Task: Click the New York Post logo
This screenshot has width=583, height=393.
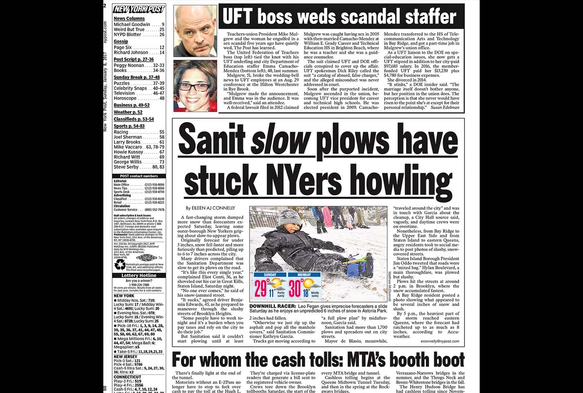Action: click(139, 9)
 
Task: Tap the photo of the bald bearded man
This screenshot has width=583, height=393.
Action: click(195, 31)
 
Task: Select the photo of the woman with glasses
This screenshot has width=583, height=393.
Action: click(195, 85)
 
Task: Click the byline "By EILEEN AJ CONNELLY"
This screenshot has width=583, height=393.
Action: click(210, 208)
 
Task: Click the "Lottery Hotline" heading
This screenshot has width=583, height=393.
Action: click(139, 275)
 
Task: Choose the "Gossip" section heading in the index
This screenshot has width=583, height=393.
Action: click(121, 41)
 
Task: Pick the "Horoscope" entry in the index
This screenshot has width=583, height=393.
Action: click(125, 98)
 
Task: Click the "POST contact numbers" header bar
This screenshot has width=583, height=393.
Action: click(139, 176)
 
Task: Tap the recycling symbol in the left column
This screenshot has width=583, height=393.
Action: click(120, 264)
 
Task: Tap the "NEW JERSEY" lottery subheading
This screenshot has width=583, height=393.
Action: click(125, 356)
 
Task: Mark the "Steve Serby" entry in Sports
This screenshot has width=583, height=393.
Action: click(127, 167)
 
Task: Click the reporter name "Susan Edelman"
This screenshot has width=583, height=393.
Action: click(444, 108)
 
